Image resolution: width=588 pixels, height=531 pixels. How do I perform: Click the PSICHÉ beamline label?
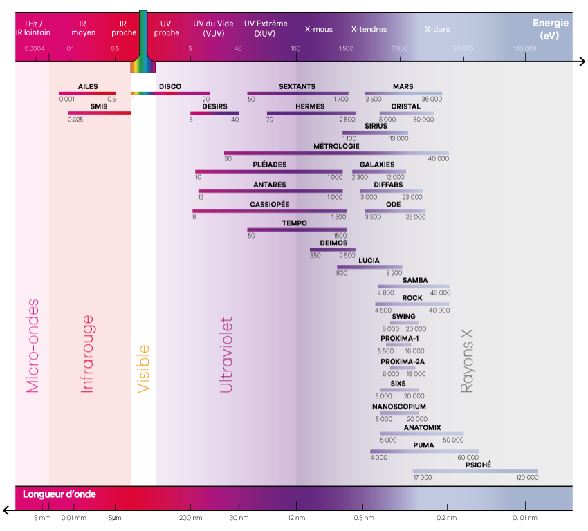[x=478, y=465]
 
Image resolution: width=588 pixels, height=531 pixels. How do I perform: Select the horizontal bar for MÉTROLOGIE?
[x=336, y=153]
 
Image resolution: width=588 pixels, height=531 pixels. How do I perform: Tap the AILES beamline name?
[x=88, y=86]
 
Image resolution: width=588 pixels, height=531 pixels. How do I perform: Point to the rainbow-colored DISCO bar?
[x=170, y=93]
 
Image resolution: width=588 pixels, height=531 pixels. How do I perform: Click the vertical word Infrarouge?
[x=87, y=354]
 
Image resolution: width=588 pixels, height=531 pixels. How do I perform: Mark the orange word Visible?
[x=143, y=369]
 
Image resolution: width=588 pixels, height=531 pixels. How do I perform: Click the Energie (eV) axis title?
[x=550, y=29]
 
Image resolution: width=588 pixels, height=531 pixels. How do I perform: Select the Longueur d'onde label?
[x=59, y=494]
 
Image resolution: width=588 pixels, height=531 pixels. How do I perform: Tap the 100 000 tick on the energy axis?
[x=525, y=48]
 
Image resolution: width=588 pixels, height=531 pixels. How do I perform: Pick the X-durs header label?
[x=437, y=30]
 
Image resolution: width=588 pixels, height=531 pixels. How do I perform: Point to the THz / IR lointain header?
[x=33, y=28]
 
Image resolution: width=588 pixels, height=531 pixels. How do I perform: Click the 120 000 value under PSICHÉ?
[x=527, y=478]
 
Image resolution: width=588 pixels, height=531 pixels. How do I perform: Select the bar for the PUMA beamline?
[x=424, y=451]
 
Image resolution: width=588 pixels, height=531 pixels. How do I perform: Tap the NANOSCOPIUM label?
[x=399, y=407]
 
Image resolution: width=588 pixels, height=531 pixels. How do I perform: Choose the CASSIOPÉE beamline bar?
[x=270, y=211]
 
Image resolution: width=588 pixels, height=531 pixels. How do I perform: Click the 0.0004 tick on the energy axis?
[x=34, y=48]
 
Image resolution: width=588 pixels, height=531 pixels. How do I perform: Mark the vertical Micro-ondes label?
[x=33, y=346]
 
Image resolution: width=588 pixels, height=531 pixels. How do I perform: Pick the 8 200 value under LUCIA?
[x=394, y=273]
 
